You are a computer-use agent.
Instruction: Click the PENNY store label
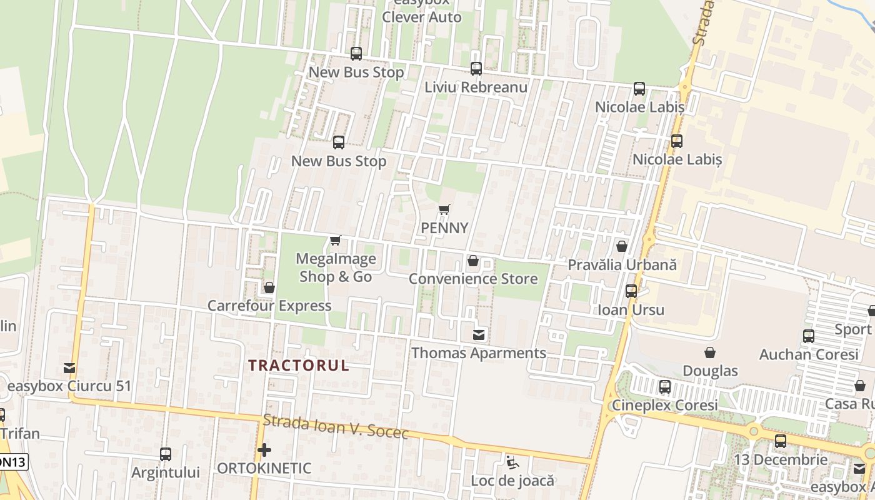[x=444, y=228]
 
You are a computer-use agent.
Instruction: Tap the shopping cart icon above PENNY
[x=444, y=210]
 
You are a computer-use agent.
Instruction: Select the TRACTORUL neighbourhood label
[x=299, y=366]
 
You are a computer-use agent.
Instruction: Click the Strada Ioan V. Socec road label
[x=336, y=427]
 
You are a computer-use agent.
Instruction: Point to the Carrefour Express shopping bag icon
[x=269, y=287]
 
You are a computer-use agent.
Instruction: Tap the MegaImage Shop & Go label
[x=336, y=267]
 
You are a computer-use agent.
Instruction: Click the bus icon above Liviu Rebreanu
[x=476, y=69]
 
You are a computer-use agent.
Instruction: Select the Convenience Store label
[x=473, y=279]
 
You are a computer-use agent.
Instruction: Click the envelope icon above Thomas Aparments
[x=479, y=335]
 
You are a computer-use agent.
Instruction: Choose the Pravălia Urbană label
[x=622, y=264]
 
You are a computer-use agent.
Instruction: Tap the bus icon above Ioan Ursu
[x=631, y=291]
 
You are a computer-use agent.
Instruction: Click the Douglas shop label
[x=710, y=371]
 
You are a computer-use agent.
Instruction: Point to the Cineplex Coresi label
[x=665, y=405]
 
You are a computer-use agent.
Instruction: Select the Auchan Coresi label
[x=809, y=354]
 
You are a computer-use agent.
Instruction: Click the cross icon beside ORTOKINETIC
[x=264, y=449]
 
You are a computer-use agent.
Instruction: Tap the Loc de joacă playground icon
[x=512, y=463]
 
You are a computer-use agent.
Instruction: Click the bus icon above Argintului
[x=166, y=454]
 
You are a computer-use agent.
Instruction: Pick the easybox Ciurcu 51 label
[x=69, y=386]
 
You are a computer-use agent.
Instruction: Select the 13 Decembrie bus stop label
[x=781, y=459]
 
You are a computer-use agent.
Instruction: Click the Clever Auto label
[x=422, y=17]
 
